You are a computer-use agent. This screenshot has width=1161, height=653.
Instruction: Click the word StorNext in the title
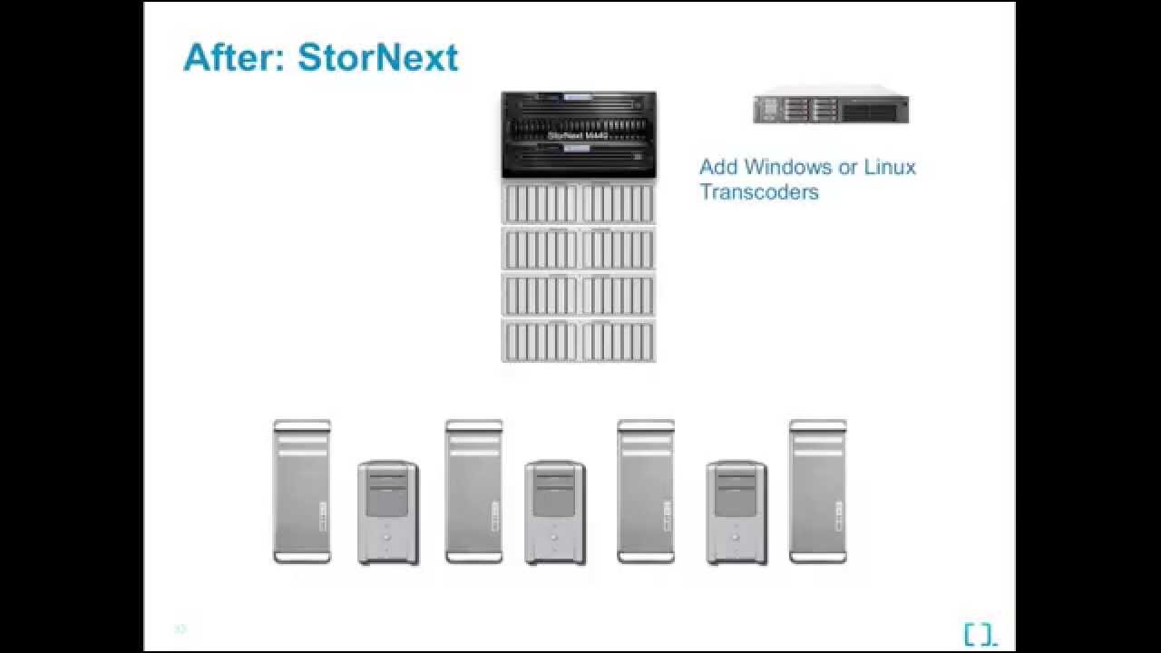[x=377, y=57]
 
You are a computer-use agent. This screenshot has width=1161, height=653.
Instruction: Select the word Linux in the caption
[x=889, y=167]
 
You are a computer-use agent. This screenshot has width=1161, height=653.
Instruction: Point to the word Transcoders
[x=758, y=192]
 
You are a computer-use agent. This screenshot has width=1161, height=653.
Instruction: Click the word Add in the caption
[x=718, y=167]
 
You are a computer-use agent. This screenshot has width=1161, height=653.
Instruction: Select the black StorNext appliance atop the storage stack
[x=578, y=134]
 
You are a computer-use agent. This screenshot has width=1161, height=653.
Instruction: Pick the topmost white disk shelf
[x=578, y=202]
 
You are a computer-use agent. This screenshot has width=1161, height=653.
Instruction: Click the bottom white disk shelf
[x=578, y=341]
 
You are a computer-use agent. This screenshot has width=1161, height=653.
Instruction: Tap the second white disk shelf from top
[x=578, y=249]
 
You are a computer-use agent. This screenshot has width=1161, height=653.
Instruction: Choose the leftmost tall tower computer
[x=302, y=492]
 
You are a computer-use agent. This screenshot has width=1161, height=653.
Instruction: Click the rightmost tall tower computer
[x=817, y=492]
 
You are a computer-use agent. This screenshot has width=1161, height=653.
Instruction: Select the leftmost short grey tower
[x=388, y=512]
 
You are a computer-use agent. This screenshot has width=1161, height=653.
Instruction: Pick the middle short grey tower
[x=555, y=512]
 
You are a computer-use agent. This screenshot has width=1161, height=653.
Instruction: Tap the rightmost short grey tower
[x=737, y=512]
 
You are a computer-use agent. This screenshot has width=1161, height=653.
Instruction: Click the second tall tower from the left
[x=473, y=492]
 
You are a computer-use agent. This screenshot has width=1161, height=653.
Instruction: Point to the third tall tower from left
[x=646, y=492]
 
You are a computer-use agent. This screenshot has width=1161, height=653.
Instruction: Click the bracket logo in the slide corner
[x=980, y=635]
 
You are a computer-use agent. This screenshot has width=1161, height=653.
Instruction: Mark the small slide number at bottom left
[x=180, y=629]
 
